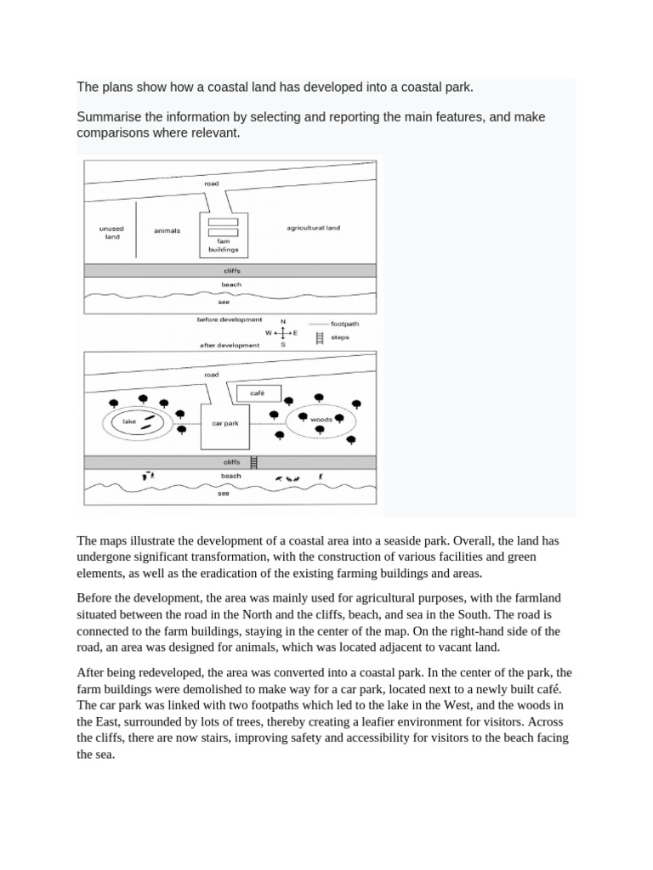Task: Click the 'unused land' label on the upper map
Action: point(111,233)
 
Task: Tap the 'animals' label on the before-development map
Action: point(167,230)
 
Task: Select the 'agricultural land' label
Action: point(313,228)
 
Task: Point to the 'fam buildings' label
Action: point(223,246)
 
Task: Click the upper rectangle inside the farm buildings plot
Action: point(223,222)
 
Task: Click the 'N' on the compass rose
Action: point(283,321)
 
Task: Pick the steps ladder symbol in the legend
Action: point(320,337)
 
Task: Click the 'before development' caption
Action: point(230,319)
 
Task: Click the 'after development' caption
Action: point(229,346)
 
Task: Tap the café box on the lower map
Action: point(258,393)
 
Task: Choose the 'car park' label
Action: point(224,423)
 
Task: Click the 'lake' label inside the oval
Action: point(129,421)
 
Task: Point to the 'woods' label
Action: point(321,420)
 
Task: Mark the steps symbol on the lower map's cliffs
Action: point(254,462)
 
